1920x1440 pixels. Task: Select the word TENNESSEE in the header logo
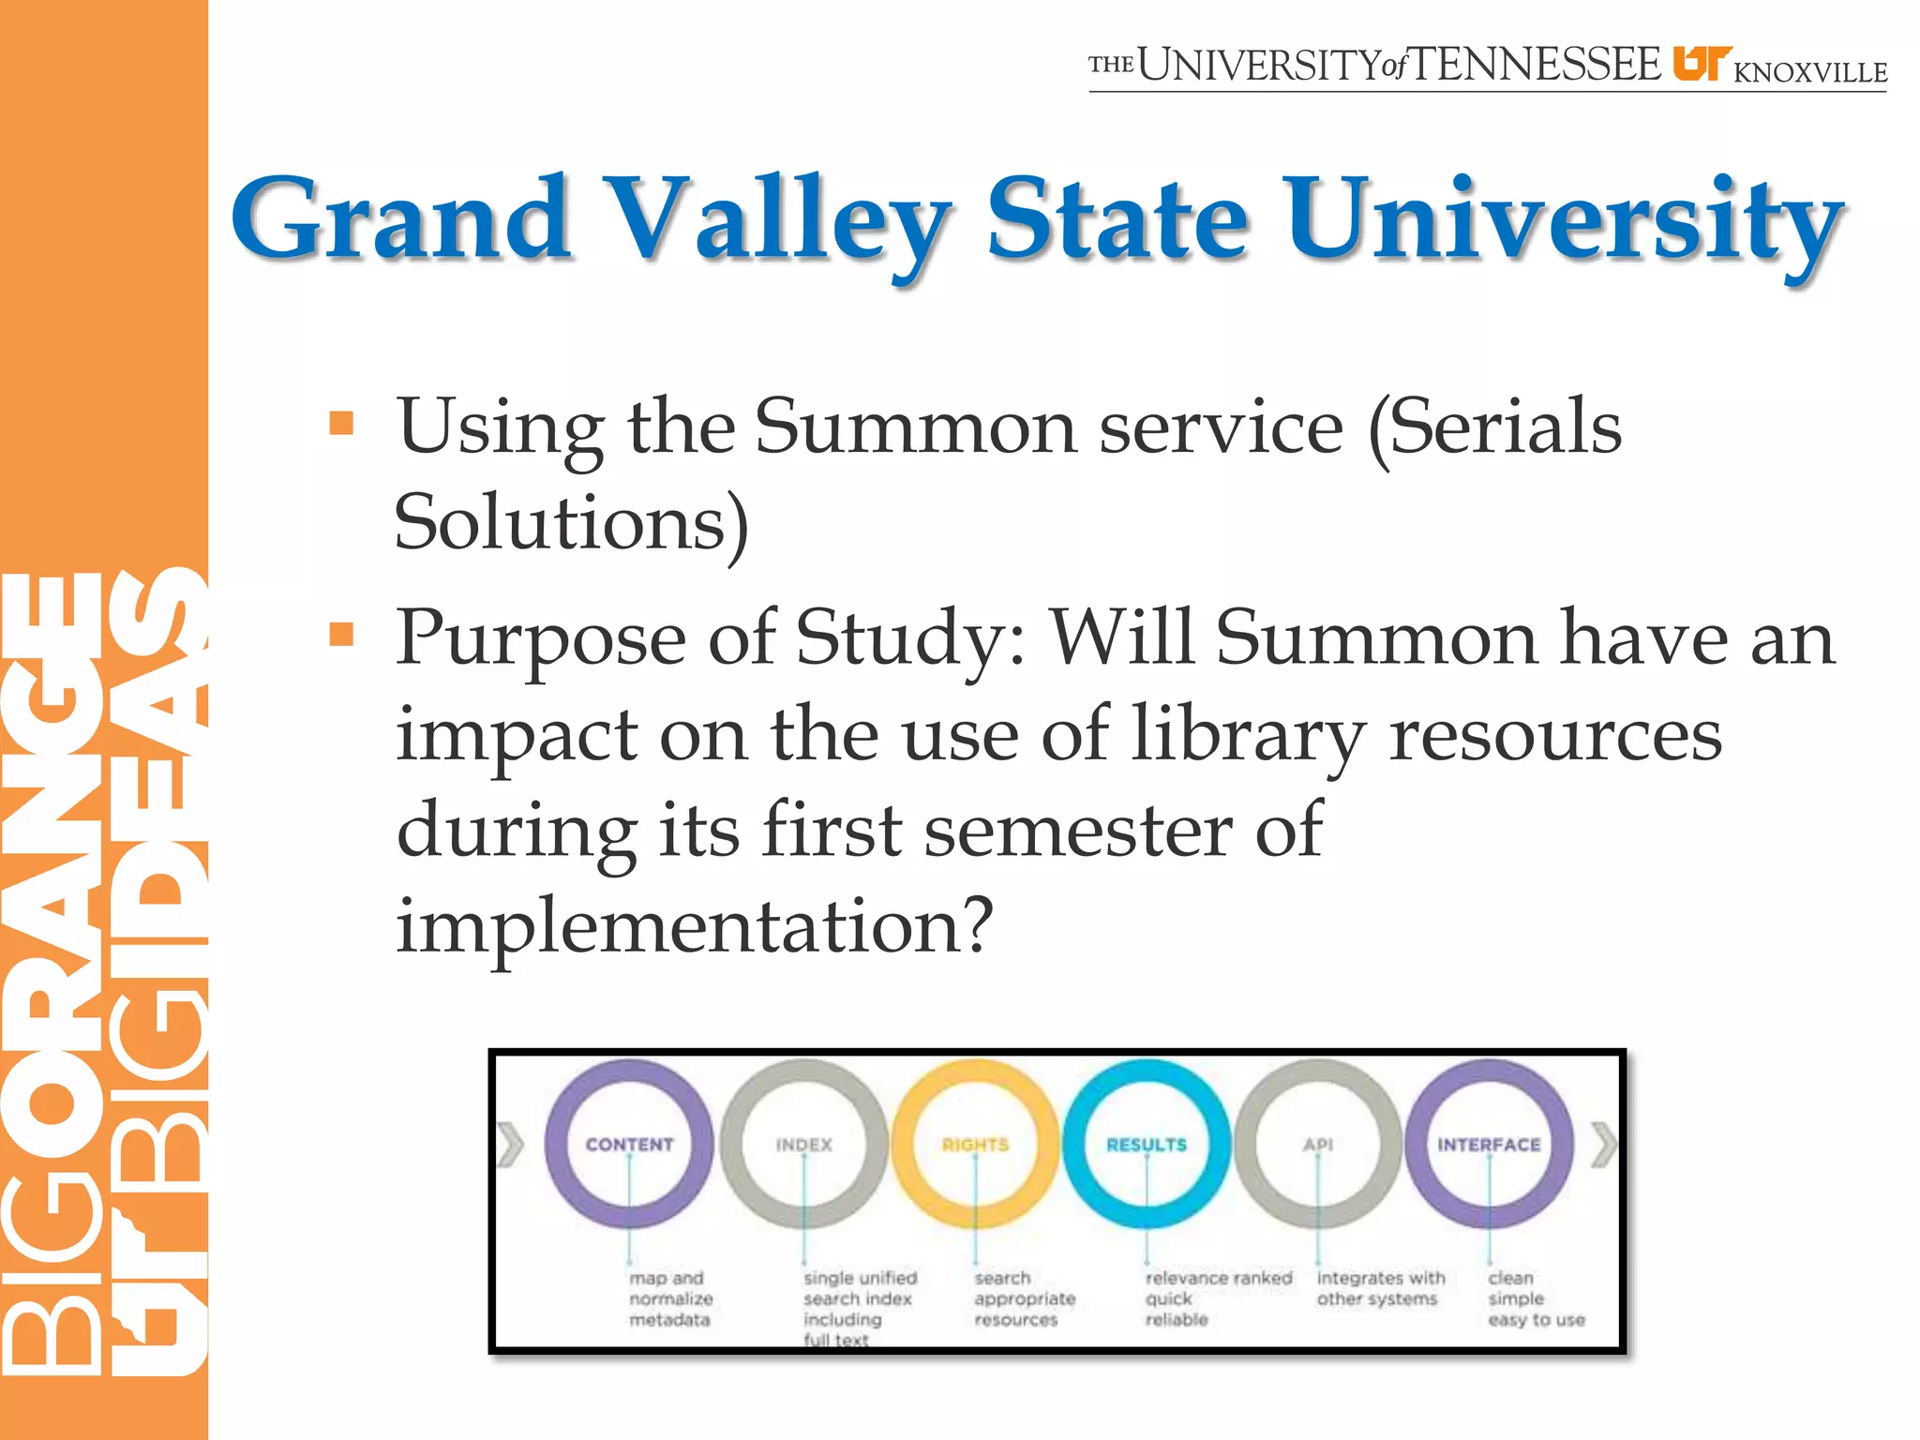[1536, 66]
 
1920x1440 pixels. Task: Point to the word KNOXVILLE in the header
[1810, 72]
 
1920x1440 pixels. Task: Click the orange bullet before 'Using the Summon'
[341, 424]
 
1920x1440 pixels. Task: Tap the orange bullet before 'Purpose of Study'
[341, 636]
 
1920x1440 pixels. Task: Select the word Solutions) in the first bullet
[571, 521]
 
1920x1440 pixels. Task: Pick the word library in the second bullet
[1248, 733]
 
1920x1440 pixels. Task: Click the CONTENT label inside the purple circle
[629, 1145]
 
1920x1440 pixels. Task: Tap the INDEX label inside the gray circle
[803, 1145]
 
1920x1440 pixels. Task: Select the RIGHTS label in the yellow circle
[975, 1145]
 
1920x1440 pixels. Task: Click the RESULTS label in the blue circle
[1146, 1145]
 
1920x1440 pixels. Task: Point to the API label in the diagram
[1317, 1145]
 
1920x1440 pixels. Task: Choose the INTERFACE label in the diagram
[1489, 1145]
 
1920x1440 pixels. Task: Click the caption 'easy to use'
[1536, 1320]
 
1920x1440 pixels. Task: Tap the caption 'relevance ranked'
[1218, 1278]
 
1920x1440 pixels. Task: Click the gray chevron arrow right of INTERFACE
[1604, 1145]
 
